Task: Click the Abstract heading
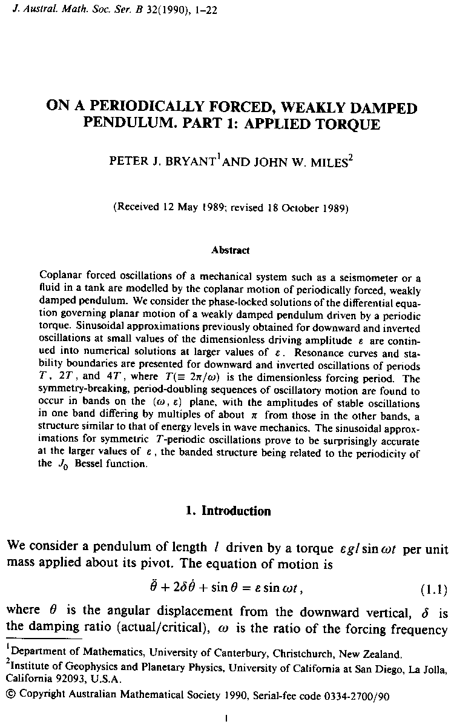click(x=231, y=250)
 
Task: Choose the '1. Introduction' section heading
click(x=229, y=511)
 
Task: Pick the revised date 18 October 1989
click(x=305, y=207)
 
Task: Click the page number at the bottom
click(x=225, y=719)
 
